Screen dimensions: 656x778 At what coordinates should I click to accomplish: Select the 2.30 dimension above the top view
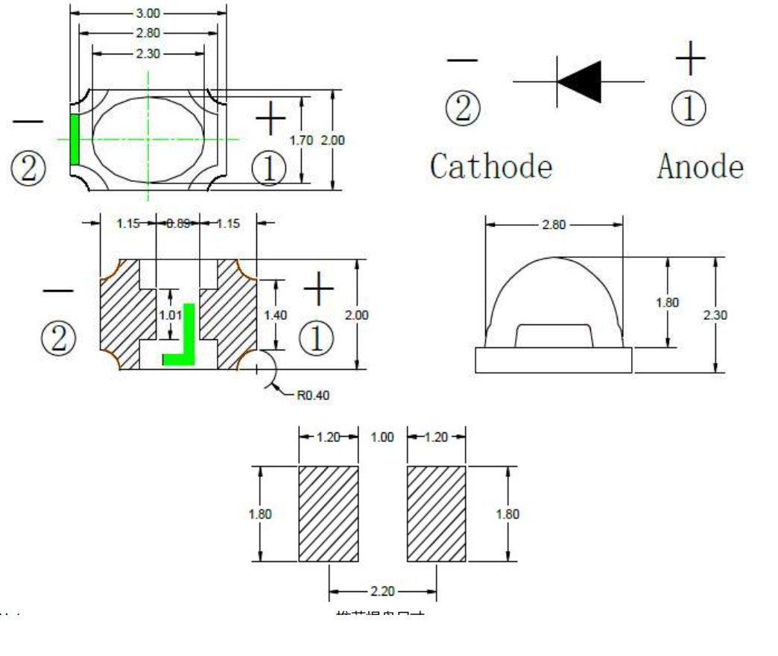pos(149,54)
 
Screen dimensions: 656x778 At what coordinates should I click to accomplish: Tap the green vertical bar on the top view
pos(75,140)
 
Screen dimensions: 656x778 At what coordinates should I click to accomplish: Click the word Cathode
pos(491,166)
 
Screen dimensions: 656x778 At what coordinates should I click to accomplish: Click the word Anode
pos(700,166)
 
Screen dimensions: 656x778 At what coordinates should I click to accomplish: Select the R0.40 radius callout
pos(313,396)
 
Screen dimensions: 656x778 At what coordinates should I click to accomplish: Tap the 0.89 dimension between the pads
pos(177,223)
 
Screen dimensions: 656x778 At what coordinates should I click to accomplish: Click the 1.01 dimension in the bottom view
pos(171,315)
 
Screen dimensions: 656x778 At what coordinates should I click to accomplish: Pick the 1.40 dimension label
pos(275,315)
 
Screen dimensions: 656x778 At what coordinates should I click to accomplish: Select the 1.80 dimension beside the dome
pos(667,303)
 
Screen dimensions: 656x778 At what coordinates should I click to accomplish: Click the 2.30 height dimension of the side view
pos(715,315)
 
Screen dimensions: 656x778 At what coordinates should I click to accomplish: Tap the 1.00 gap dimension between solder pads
pos(382,438)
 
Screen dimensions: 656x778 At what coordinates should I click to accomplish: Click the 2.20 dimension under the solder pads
pos(383,591)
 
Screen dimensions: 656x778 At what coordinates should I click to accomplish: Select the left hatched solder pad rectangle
pos(329,514)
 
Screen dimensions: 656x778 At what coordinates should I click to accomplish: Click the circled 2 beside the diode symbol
pos(463,110)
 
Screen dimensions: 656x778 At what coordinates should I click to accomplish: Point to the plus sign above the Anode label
pos(691,58)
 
